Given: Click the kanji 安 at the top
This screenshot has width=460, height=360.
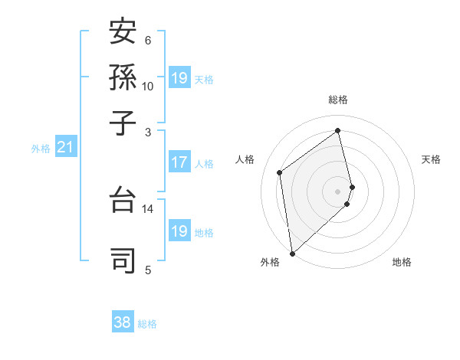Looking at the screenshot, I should point(123,32).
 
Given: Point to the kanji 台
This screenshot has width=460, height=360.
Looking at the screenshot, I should point(123,201).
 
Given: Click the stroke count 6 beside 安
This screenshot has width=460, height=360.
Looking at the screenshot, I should point(148,41).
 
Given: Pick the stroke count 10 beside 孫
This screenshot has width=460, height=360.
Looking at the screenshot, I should point(148,86).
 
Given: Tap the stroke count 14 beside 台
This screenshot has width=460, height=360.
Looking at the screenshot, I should point(148,209).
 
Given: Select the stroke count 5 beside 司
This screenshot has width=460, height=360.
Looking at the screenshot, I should point(148,269).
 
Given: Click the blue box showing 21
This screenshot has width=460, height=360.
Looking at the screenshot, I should point(65,147).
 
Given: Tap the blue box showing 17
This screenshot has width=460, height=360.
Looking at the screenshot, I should point(179,162).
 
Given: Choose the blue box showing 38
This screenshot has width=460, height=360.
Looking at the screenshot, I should point(123,322).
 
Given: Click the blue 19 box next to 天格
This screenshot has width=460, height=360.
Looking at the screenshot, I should point(179,78).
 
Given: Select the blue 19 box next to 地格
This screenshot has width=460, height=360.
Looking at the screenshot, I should point(179,231).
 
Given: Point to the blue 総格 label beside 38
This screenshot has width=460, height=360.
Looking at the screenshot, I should point(147,324).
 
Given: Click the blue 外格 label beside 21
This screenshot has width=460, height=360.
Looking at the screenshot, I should point(41,149).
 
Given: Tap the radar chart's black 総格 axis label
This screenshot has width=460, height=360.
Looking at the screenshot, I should point(338,100).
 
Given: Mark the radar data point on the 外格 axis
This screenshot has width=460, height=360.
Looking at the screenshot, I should point(292,253).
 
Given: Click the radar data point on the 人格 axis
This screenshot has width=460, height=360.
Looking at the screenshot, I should point(280,172).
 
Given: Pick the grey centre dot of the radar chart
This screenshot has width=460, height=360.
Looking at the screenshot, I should point(338,191).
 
